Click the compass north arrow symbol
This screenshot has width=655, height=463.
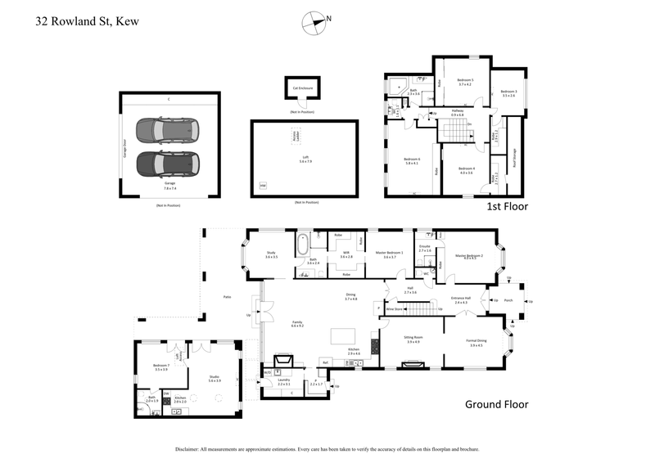click(314, 22)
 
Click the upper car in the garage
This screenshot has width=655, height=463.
click(167, 131)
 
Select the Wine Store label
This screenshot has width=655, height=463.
click(394, 309)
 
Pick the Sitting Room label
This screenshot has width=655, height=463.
click(413, 339)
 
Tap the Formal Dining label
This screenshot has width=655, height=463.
click(477, 343)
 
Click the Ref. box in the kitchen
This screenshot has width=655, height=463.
click(325, 362)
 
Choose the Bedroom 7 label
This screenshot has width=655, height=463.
click(160, 366)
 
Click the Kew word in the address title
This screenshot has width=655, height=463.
click(126, 22)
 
